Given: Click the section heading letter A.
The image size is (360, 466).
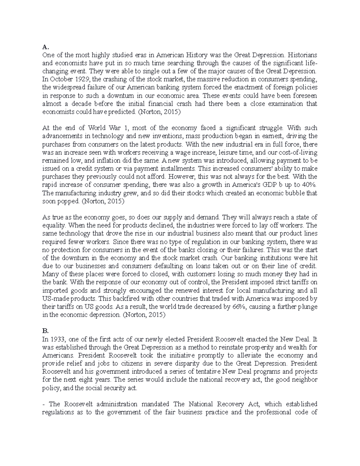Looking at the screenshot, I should coord(45,47).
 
